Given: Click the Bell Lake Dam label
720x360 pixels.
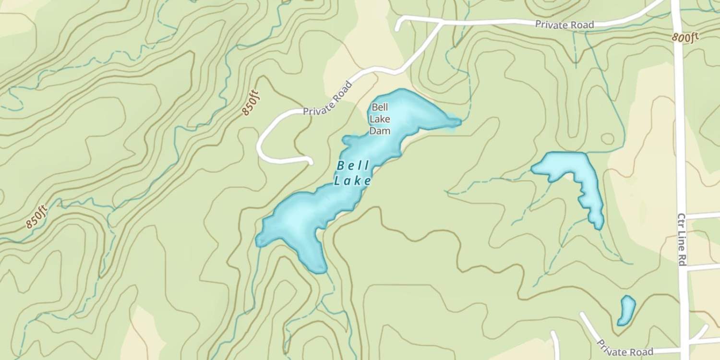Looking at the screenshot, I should (379, 119).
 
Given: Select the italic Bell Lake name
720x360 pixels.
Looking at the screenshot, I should (353, 173).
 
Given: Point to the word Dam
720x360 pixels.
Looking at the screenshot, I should (379, 131).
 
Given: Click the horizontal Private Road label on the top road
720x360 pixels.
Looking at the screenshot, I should (564, 24).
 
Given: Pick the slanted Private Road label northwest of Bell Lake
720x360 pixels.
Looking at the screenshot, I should (328, 97).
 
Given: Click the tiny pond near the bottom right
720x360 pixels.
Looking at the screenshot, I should (626, 310).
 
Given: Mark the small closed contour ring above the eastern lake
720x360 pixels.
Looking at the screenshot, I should (607, 139).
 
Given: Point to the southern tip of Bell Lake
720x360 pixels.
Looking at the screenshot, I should (318, 270).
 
